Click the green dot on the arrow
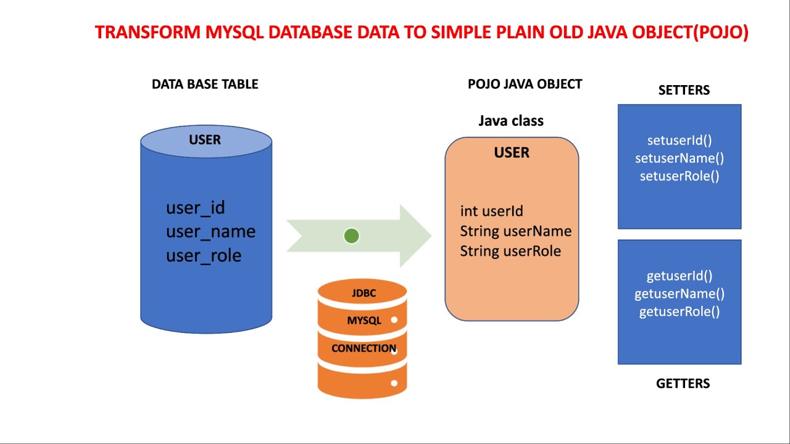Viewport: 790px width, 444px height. coord(351,236)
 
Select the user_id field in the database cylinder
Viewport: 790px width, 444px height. coord(195,208)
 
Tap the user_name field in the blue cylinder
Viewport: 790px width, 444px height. coord(210,232)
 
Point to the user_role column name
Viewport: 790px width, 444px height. coord(204,256)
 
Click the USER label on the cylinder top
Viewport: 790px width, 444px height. coord(205,140)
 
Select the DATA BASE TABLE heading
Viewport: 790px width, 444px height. coord(205,84)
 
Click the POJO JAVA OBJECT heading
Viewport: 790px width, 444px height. coord(525,84)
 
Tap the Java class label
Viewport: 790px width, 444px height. coord(511,121)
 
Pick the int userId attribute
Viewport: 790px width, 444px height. coord(491,211)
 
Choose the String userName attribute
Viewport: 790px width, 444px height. coord(515,231)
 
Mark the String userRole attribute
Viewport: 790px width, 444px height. coord(510,251)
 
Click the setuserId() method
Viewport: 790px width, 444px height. coord(680,141)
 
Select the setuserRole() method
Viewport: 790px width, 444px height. coord(680,176)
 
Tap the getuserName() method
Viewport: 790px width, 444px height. coord(680,294)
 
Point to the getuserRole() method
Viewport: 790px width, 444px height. coord(680,311)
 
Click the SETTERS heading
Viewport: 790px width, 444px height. coord(684,91)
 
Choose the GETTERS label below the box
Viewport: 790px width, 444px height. coord(683,384)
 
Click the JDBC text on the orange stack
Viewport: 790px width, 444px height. coord(364,293)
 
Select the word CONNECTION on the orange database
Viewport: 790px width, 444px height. coord(364,348)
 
